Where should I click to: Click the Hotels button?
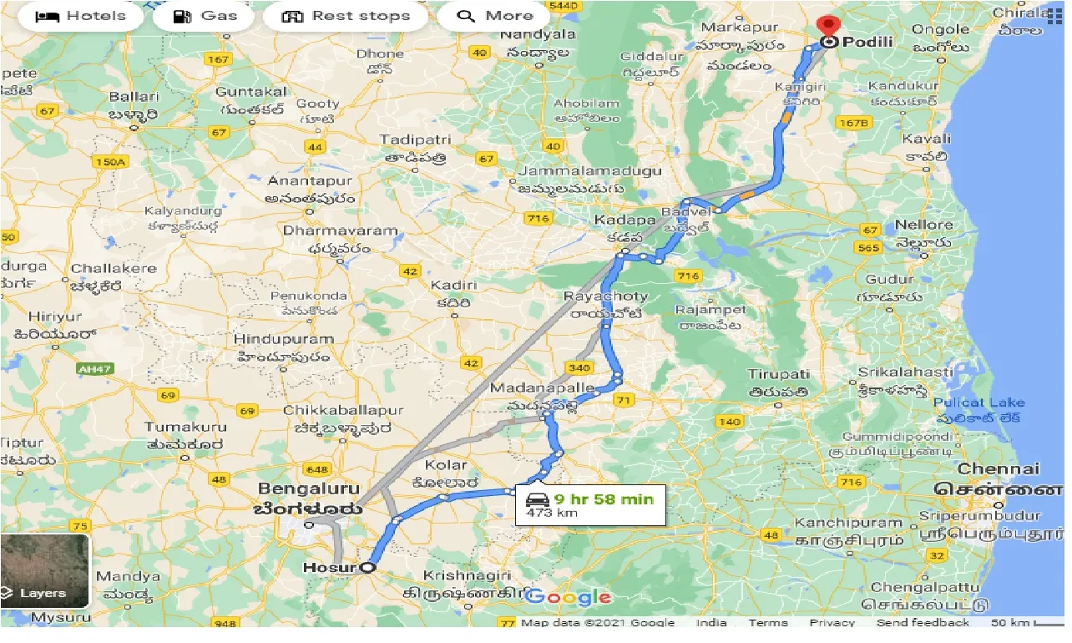80,16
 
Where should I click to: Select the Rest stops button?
346,16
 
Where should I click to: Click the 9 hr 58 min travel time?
603,499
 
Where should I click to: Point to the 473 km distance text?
552,513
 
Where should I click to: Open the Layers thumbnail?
45,570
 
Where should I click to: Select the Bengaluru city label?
309,489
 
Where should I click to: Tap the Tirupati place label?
778,375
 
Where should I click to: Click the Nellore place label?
923,225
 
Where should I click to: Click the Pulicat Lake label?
979,403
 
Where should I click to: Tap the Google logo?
568,596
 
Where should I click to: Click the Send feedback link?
923,623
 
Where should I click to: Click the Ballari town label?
134,96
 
